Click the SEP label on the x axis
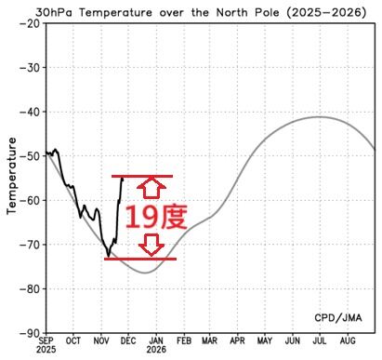pyautogui.click(x=46, y=341)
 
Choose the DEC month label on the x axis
pyautogui.click(x=127, y=341)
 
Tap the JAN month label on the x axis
pyautogui.click(x=155, y=341)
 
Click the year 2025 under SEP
pyautogui.click(x=46, y=353)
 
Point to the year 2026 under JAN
pyautogui.click(x=155, y=353)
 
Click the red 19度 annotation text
pyautogui.click(x=155, y=218)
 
